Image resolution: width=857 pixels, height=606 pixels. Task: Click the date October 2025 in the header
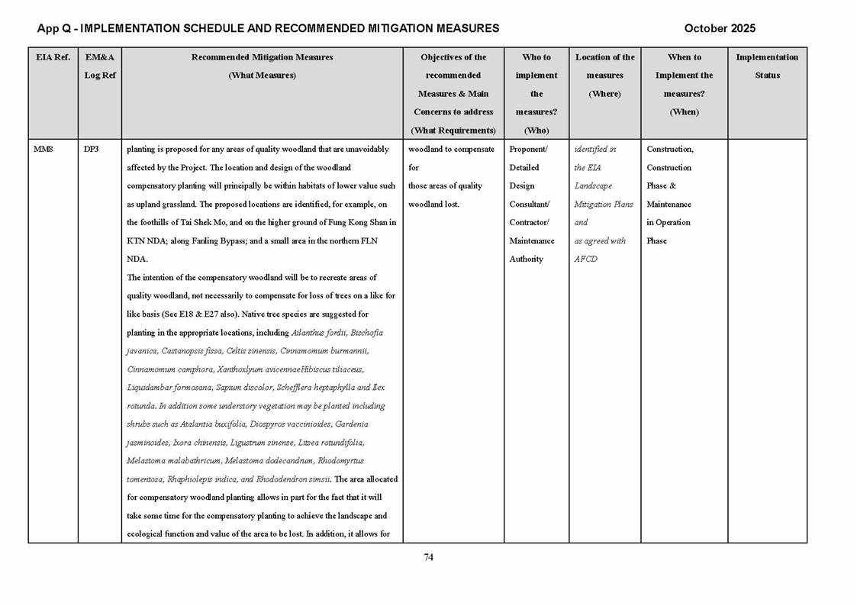[x=720, y=28]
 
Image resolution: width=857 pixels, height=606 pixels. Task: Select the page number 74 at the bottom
[x=428, y=557]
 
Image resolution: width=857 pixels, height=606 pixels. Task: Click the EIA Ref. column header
[x=53, y=57]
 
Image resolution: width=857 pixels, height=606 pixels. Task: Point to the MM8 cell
[x=43, y=150]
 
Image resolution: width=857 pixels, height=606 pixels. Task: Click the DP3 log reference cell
[x=91, y=150]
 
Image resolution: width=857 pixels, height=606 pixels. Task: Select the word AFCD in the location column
[x=585, y=259]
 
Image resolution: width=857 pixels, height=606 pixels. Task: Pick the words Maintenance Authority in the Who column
[x=532, y=250]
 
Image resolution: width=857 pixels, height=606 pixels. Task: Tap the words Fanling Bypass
[x=206, y=241]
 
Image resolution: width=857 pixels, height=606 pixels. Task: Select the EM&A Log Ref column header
[x=100, y=66]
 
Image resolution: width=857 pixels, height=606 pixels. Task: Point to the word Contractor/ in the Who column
[x=529, y=223]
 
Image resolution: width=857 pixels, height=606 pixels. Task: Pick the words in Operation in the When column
[x=668, y=223]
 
